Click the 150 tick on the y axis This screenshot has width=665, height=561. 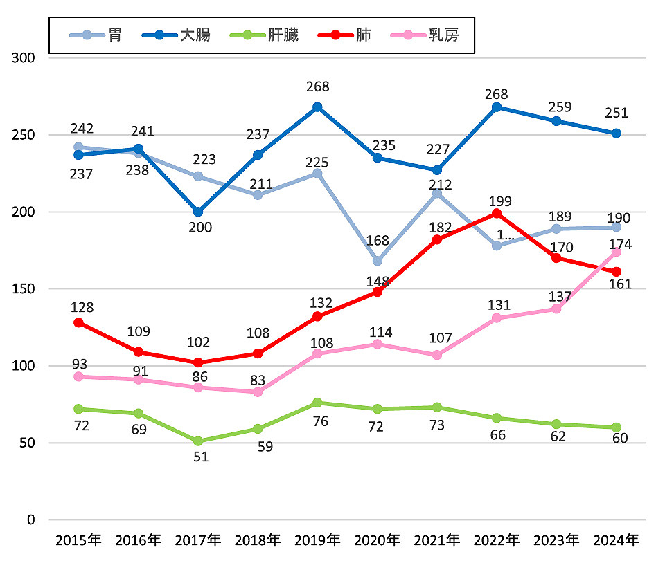24,288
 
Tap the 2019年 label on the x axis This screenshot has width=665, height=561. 317,540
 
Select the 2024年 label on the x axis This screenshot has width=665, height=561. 616,540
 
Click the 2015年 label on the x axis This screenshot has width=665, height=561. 78,540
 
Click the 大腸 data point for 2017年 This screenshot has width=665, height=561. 197,212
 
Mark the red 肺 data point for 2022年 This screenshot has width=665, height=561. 496,213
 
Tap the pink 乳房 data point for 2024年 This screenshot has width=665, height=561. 616,252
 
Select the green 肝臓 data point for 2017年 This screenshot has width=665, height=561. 197,441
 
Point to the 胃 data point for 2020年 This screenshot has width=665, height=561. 377,261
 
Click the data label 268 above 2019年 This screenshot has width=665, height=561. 317,87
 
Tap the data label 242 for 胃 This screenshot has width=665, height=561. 82,129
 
